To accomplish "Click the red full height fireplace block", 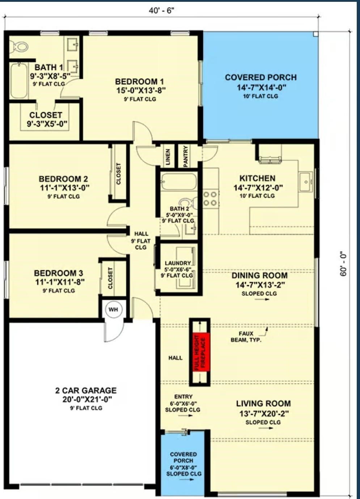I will pyautogui.click(x=199, y=351).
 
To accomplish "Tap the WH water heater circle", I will pyautogui.click(x=113, y=310).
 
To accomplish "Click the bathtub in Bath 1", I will pyautogui.click(x=19, y=81).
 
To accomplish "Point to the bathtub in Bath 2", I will pyautogui.click(x=179, y=181).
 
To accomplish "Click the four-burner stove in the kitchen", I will pyautogui.click(x=210, y=198).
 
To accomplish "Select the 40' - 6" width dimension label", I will pyautogui.click(x=161, y=11).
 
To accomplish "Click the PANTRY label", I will pyautogui.click(x=186, y=156).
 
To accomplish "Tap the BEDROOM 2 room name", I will pyautogui.click(x=63, y=179).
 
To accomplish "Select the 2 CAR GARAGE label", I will pyautogui.click(x=86, y=390).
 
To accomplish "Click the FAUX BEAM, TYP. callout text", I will pyautogui.click(x=246, y=337).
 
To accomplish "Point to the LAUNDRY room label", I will pyautogui.click(x=178, y=263).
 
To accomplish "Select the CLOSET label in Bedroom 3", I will pyautogui.click(x=110, y=278).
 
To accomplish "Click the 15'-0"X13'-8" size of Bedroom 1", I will pyautogui.click(x=141, y=91).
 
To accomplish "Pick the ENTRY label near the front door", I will pyautogui.click(x=183, y=397).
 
